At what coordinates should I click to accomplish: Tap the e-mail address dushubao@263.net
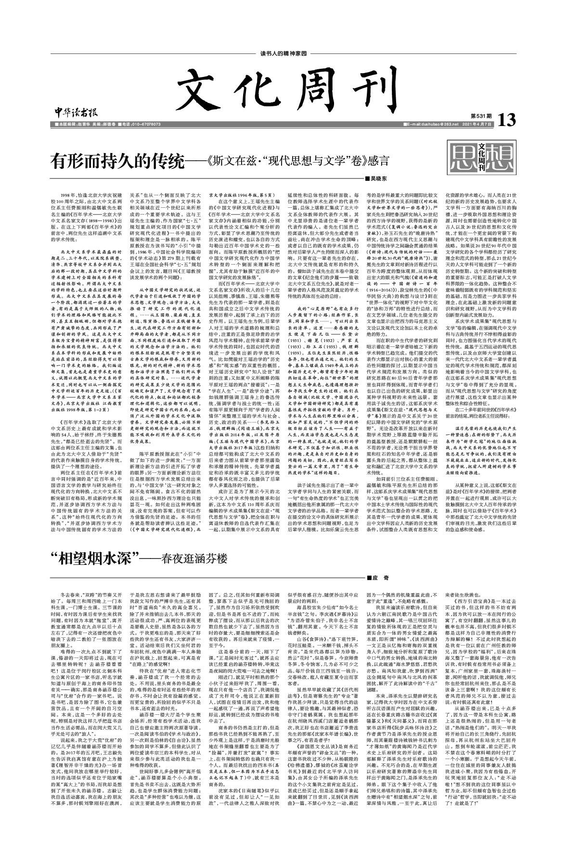[431, 125]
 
